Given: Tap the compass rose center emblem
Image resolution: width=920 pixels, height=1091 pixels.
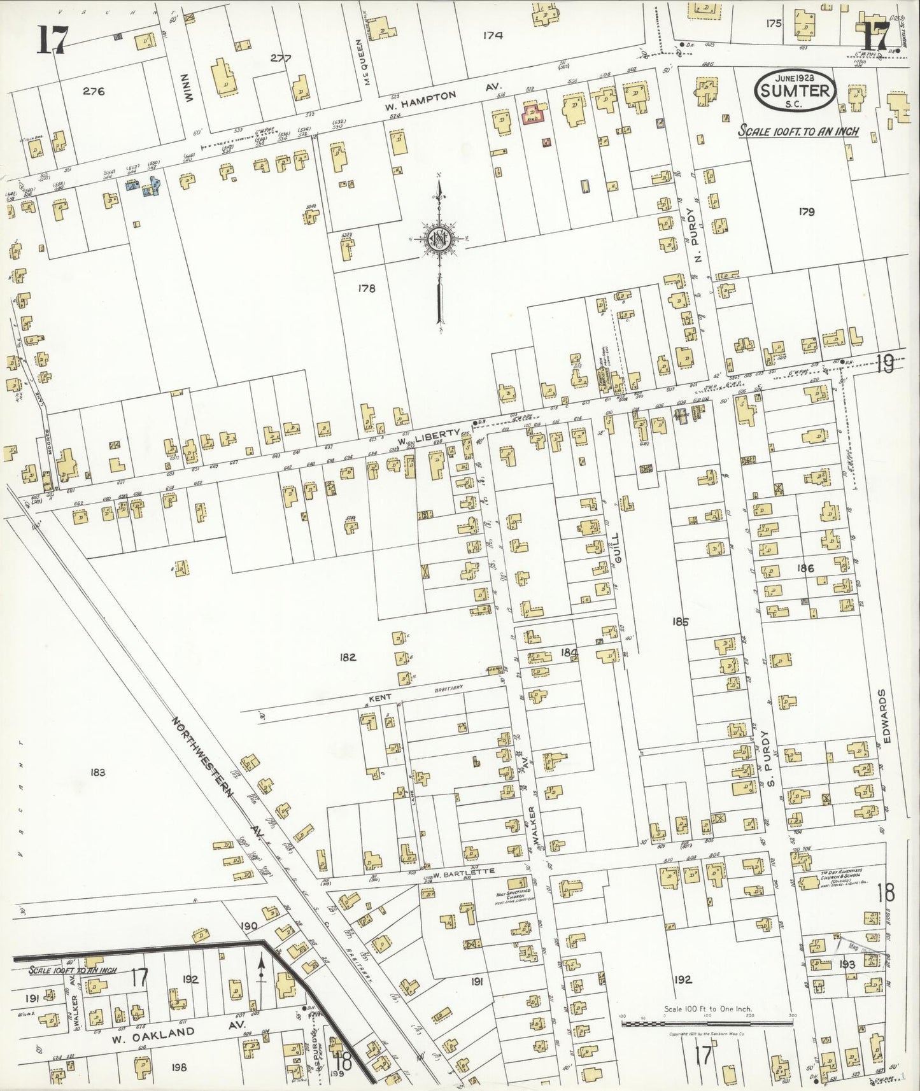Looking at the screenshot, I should point(439,239).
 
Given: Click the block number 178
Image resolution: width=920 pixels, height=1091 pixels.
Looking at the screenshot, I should point(366,288).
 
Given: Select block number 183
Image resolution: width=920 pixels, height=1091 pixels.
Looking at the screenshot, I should point(97,773).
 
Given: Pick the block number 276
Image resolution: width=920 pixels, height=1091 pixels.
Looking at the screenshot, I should point(94,91).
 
